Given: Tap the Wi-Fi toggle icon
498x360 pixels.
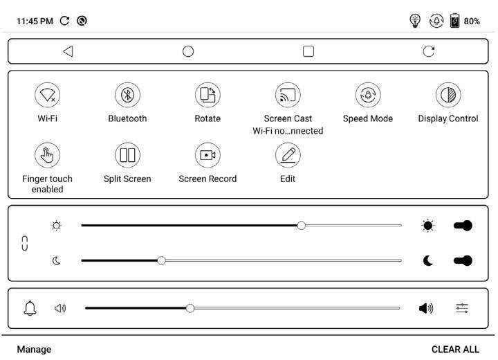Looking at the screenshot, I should (47, 95).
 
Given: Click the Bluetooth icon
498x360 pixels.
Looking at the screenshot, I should (127, 95).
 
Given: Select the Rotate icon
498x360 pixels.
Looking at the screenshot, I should (207, 95).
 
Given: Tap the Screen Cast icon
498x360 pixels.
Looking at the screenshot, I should (288, 95).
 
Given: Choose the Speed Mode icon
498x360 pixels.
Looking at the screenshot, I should (368, 95).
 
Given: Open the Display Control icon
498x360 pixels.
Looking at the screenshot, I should (448, 95).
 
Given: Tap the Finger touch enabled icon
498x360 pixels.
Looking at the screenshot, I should (47, 155).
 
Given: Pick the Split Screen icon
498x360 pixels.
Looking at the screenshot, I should (127, 155).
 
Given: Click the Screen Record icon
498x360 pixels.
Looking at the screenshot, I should (207, 155).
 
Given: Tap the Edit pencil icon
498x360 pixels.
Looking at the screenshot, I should (288, 155).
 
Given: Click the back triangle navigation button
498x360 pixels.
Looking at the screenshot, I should (68, 51).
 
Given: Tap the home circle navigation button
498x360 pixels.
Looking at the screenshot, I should (188, 51).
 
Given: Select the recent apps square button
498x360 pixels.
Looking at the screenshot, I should (308, 51).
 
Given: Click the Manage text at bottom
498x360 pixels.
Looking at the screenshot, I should (34, 350).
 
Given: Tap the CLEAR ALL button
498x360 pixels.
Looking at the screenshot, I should (455, 350).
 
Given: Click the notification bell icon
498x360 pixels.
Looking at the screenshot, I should (30, 308).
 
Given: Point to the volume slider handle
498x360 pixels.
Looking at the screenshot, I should (190, 308).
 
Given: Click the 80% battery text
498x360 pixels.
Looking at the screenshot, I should (472, 21).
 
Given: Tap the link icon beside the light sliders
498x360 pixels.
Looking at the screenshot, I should (26, 243).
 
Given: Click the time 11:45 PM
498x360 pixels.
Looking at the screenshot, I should (35, 21).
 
